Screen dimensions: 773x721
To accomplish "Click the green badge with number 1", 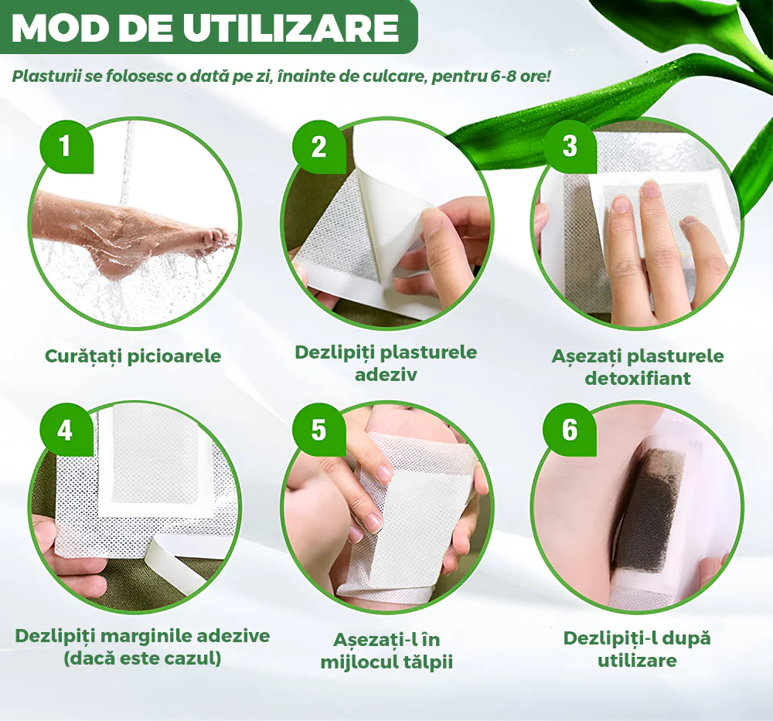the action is click(x=66, y=146).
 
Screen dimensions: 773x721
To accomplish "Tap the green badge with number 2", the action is click(x=319, y=146).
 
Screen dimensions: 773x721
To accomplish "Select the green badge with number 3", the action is click(x=570, y=146).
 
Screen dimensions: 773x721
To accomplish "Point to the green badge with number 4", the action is click(x=66, y=430).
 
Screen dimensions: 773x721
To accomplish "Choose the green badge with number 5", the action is click(x=319, y=430).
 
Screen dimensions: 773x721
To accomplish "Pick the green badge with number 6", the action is click(x=570, y=430).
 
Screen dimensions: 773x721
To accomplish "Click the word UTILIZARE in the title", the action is click(x=291, y=28).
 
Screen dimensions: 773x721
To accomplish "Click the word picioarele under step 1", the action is click(x=174, y=356).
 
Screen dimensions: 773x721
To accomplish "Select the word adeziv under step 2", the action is click(x=386, y=375).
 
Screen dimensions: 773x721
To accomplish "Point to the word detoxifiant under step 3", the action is click(x=638, y=379).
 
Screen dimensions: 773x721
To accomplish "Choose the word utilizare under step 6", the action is click(x=637, y=661).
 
